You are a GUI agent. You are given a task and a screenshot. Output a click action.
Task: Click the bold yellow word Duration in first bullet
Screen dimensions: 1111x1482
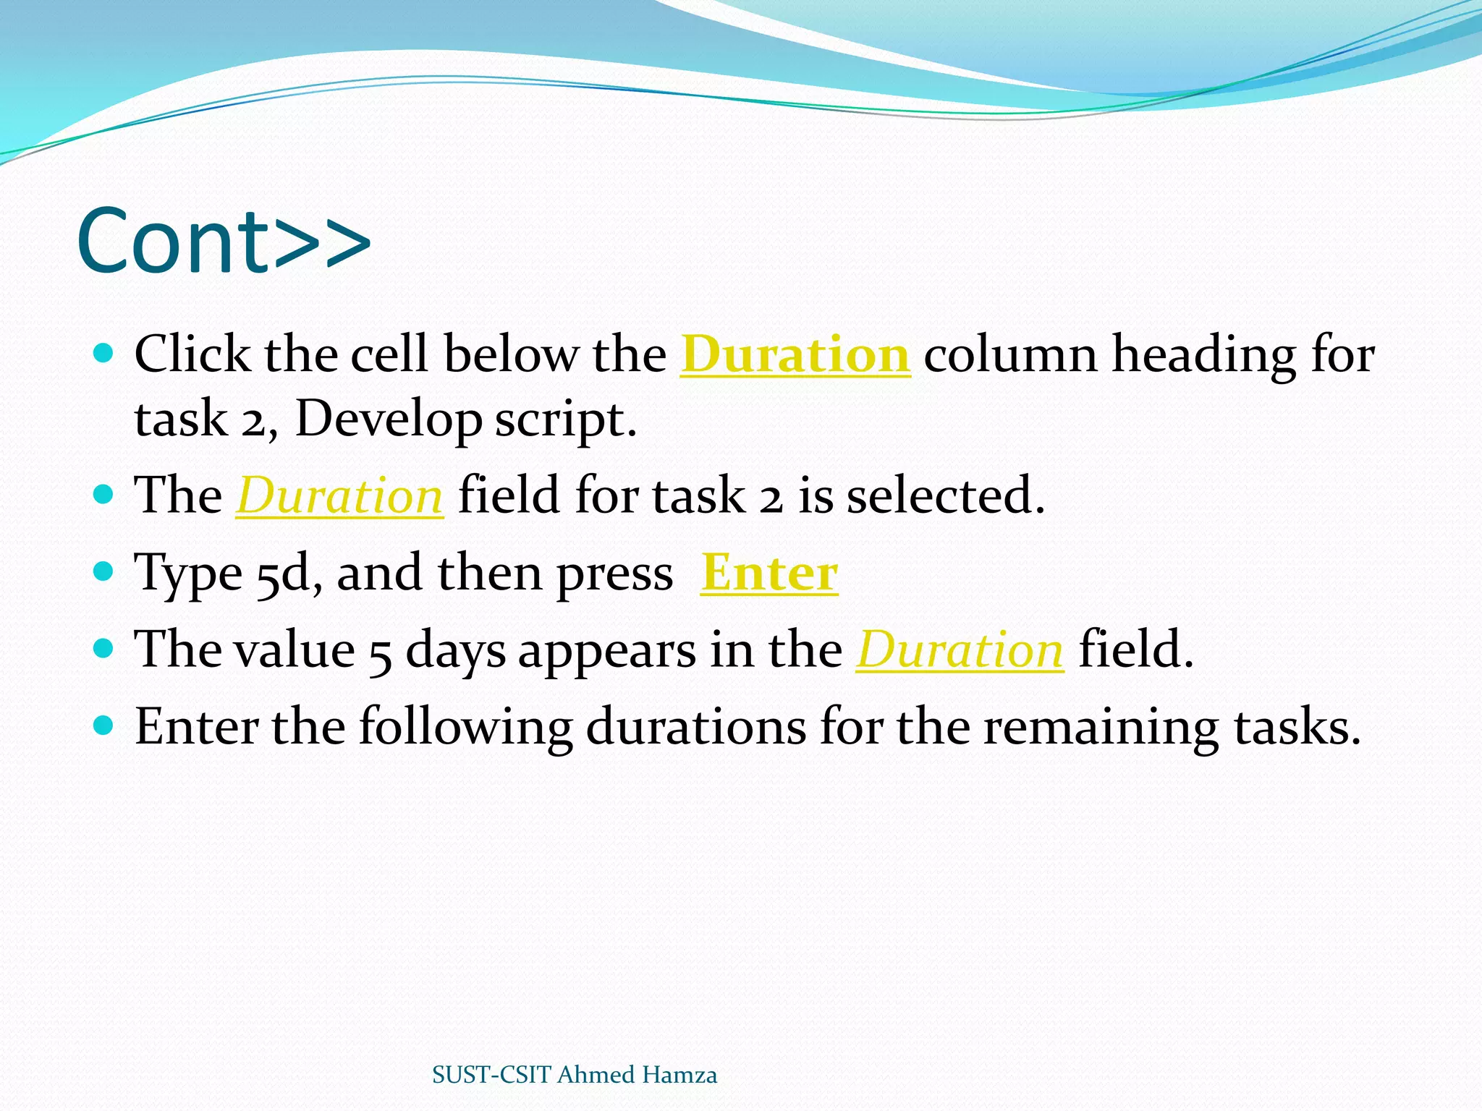[x=795, y=354]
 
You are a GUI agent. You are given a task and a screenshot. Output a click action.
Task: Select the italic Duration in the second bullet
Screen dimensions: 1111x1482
[x=339, y=496]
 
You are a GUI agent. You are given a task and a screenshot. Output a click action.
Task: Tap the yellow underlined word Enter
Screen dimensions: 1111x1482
[x=769, y=573]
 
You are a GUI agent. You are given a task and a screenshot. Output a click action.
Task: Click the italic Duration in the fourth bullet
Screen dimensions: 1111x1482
[x=960, y=650]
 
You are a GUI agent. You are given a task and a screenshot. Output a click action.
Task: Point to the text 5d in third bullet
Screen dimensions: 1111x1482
[x=282, y=574]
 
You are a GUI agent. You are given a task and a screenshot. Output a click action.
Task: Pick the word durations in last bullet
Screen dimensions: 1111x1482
[x=695, y=727]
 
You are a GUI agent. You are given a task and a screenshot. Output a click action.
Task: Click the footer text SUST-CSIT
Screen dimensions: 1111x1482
[x=491, y=1075]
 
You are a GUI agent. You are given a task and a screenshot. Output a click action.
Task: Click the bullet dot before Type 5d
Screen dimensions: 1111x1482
[x=104, y=572]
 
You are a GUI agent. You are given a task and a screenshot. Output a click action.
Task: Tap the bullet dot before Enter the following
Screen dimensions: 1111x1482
[x=104, y=725]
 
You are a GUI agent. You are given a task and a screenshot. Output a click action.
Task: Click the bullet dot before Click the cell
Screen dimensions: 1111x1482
[x=104, y=353]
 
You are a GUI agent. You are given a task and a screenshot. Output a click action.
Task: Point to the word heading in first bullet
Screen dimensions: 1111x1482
[x=1203, y=354]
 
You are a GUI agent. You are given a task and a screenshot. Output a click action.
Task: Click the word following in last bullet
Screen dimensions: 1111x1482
[x=465, y=727]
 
